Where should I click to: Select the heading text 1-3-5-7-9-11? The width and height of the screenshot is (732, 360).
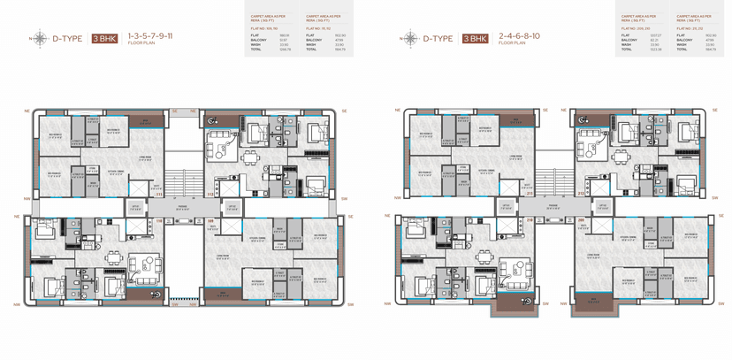[x=149, y=35]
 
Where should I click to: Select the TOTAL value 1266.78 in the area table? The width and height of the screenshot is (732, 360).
[x=284, y=50]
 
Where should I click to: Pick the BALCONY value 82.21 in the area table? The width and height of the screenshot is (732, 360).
[x=654, y=40]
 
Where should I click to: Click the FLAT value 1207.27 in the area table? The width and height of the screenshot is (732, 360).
[x=655, y=35]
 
